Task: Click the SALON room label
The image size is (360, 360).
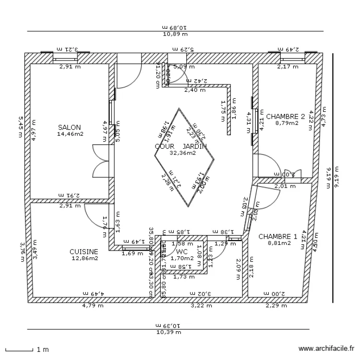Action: tap(70, 128)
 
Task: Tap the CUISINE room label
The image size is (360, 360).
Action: tap(84, 252)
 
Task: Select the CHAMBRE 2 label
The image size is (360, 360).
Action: tap(286, 116)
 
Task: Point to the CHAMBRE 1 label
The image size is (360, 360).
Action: tap(277, 237)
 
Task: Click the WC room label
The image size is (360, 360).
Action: tap(181, 252)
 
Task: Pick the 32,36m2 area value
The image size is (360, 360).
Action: tap(182, 153)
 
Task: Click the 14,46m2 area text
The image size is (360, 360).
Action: tap(70, 134)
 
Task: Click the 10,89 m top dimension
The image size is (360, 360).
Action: tap(175, 34)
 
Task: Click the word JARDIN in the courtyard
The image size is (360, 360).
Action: tap(194, 146)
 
